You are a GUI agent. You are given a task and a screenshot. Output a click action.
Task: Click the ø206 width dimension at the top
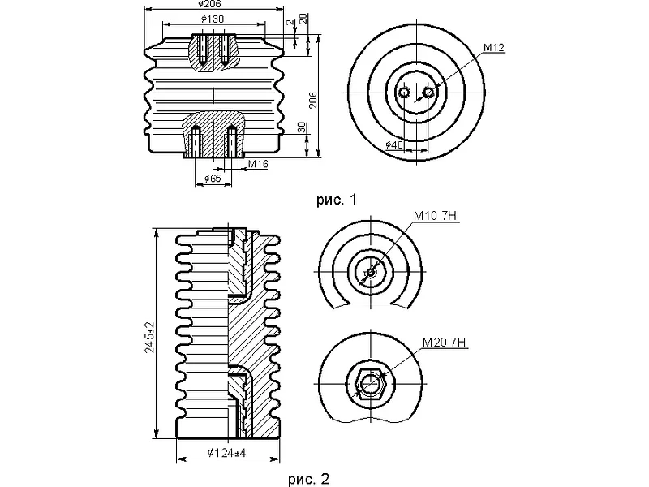(x=210, y=4)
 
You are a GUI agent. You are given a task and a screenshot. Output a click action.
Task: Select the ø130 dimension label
(x=213, y=19)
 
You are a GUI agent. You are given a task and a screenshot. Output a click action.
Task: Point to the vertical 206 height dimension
(x=313, y=100)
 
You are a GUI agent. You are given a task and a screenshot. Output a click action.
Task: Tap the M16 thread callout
(x=258, y=165)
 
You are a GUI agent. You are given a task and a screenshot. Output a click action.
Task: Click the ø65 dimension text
(x=213, y=179)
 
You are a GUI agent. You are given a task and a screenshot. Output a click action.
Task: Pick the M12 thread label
(x=494, y=48)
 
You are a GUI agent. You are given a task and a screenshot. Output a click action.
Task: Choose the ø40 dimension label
(x=394, y=145)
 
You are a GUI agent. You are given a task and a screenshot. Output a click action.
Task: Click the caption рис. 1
(x=337, y=200)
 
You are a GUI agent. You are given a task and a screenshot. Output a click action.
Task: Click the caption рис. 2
(x=309, y=479)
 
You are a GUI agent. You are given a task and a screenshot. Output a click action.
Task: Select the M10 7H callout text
(x=435, y=216)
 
